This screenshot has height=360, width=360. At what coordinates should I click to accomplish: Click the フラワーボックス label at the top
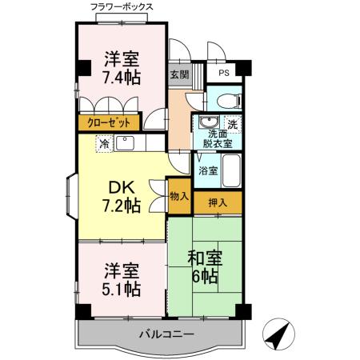[122, 7]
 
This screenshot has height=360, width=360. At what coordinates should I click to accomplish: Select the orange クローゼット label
[106, 123]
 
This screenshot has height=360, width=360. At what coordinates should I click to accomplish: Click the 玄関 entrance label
[179, 75]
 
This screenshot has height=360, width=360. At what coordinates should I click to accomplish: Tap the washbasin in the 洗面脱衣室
[210, 123]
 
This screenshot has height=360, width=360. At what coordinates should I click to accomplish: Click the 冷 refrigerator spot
[103, 145]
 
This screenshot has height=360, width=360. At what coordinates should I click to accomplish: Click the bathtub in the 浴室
[233, 170]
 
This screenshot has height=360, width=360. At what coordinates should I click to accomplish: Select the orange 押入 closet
[217, 202]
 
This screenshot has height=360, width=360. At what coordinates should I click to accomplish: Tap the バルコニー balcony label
[166, 334]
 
